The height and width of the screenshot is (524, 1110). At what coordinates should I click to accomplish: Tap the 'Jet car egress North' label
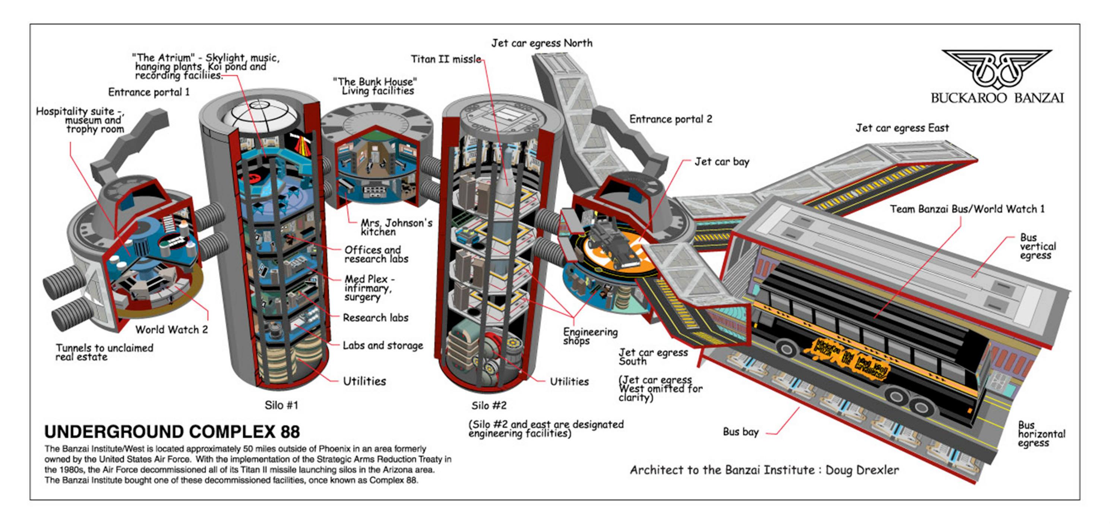pos(542,43)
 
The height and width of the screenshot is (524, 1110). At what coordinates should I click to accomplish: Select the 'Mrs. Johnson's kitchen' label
pos(396,227)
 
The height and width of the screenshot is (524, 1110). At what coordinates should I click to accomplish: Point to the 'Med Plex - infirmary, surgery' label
pos(369,288)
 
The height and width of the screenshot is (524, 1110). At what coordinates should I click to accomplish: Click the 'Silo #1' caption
pos(281,405)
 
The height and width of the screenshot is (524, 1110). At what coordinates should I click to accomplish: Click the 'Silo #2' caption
pos(488,405)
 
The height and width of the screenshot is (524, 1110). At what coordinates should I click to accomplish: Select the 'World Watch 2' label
pos(171,330)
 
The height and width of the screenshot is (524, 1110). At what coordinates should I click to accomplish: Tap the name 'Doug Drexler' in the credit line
pos(862,470)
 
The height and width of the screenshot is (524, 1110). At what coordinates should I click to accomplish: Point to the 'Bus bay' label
pos(740,432)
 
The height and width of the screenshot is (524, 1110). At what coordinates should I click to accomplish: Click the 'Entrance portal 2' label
pos(670,119)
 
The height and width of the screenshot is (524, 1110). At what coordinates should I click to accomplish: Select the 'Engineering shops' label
pos(590,336)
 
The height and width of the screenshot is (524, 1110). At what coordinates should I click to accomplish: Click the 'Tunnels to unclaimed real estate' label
pos(104,352)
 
